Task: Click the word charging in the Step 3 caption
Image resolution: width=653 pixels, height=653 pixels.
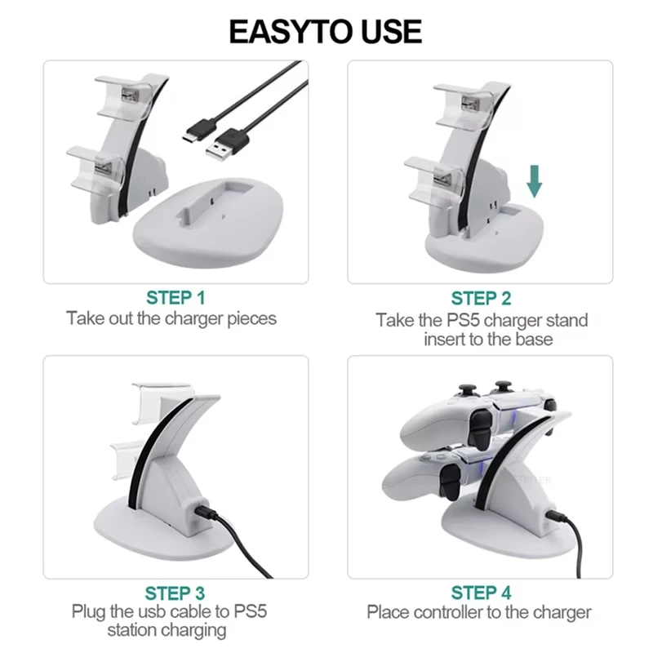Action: point(194,631)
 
